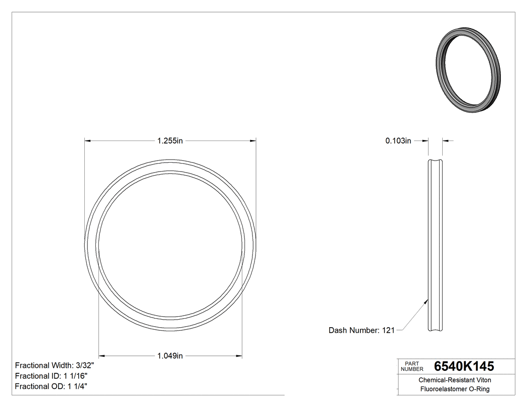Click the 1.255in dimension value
click(170, 141)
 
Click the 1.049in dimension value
click(170, 356)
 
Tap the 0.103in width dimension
click(398, 141)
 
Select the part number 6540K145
click(464, 366)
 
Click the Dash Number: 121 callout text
click(361, 330)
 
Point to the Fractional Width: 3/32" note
click(55, 365)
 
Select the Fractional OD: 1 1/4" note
click(52, 386)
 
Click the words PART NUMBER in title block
click(412, 366)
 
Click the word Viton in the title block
click(484, 380)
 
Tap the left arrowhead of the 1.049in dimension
click(100, 356)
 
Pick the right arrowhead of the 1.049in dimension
click(240, 356)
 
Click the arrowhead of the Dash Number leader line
click(426, 302)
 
